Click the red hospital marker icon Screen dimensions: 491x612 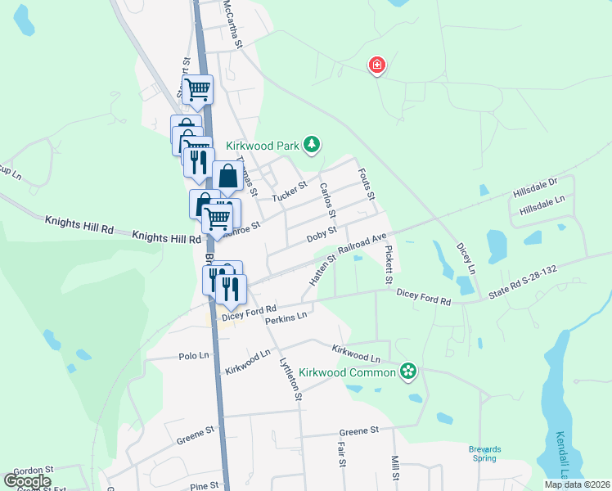[376, 65]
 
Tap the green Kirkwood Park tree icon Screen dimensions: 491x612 [311, 145]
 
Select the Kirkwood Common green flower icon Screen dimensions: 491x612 [408, 373]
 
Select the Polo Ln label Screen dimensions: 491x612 [194, 356]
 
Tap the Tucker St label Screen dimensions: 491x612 [289, 191]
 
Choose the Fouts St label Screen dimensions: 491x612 [366, 184]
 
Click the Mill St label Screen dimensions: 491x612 [394, 468]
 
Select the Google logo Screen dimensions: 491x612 [27, 480]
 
